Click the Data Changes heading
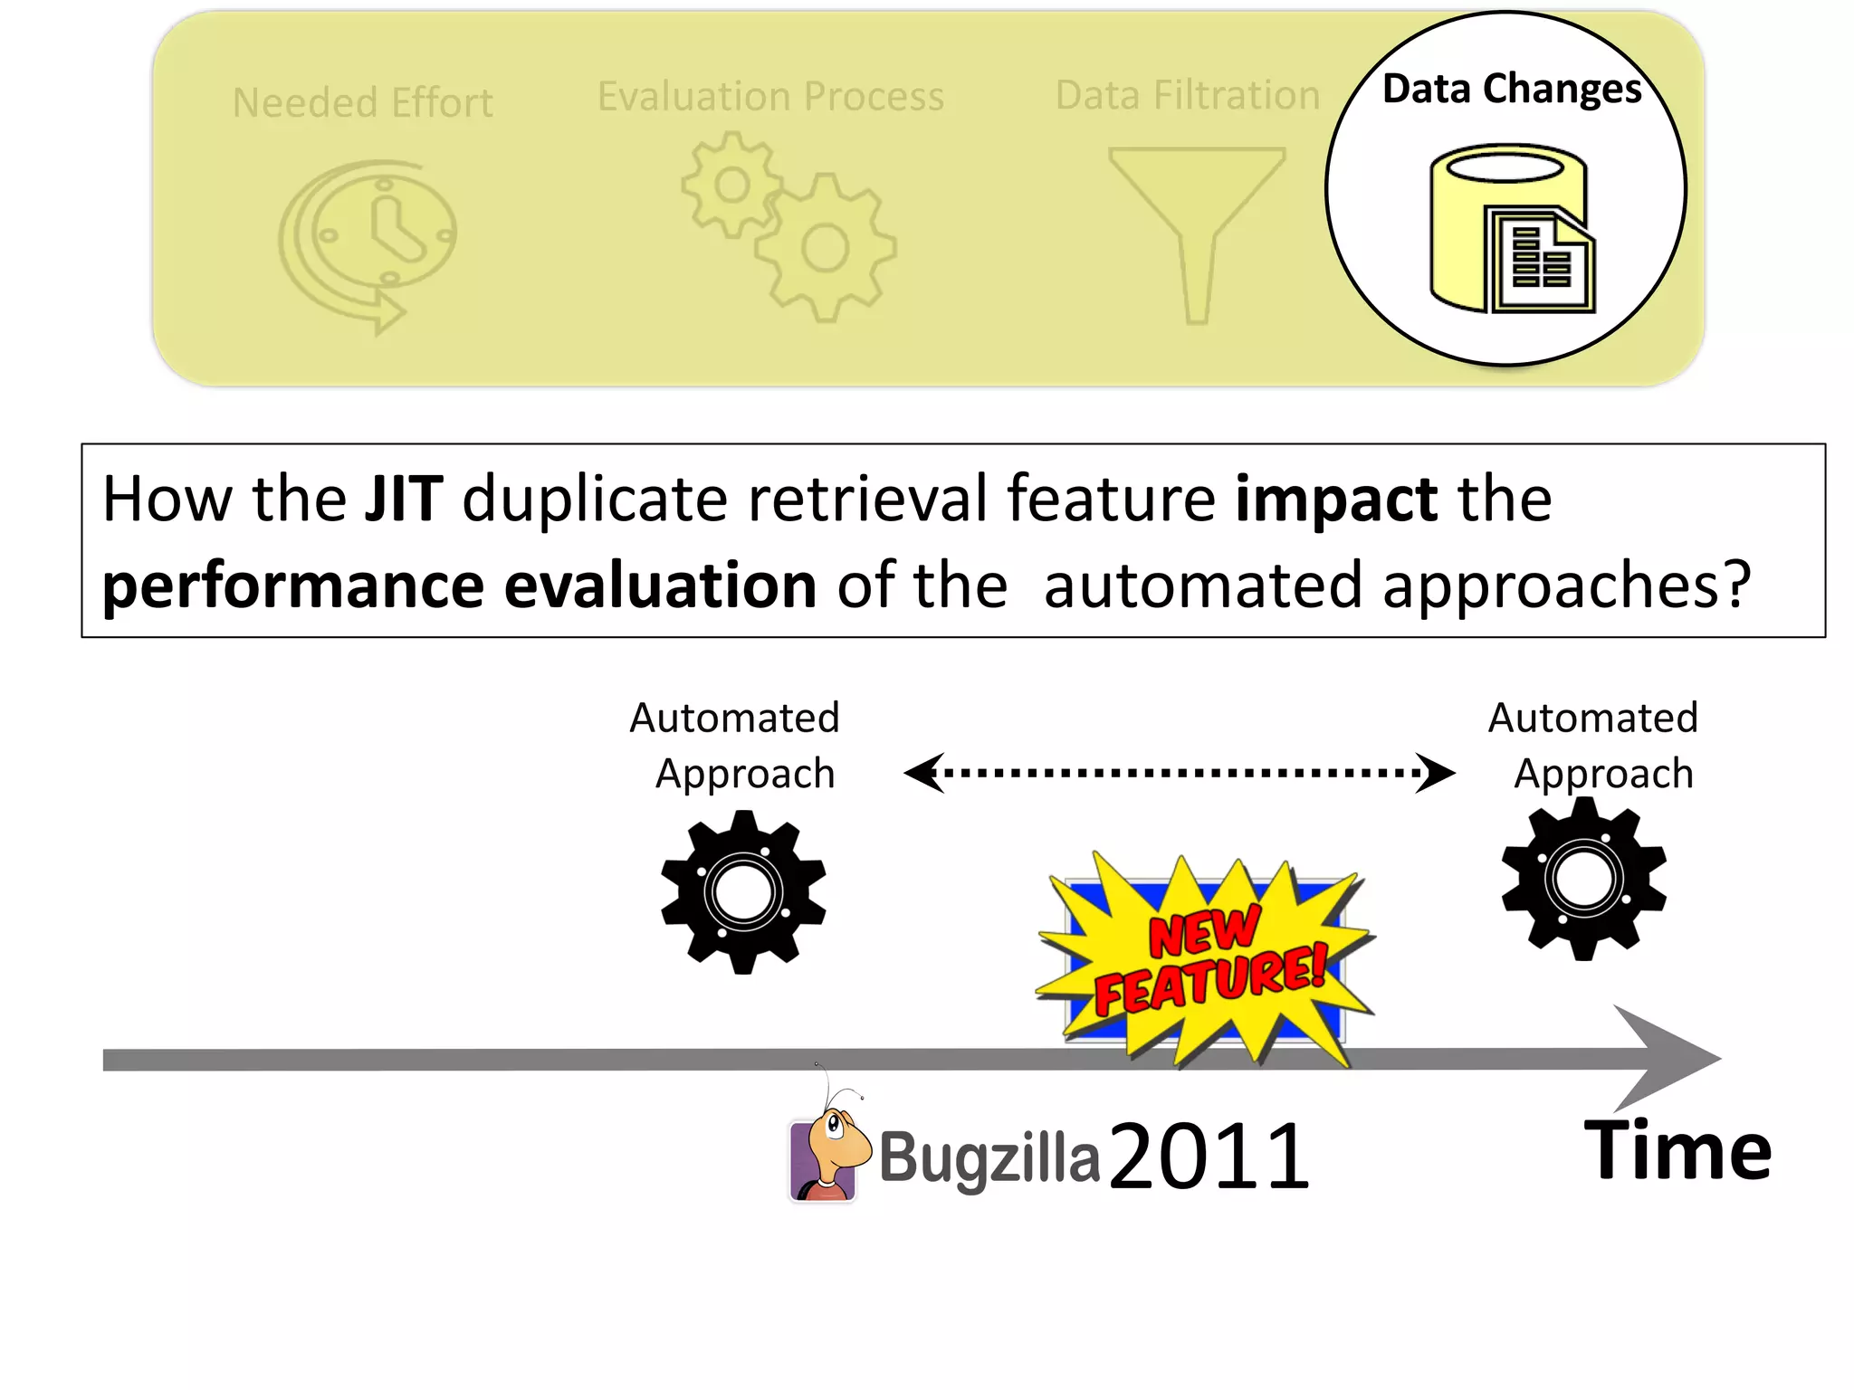tap(1512, 90)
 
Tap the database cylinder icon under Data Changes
tap(1510, 229)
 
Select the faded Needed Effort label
tap(362, 103)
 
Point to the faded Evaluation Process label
tap(770, 97)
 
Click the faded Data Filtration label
tap(1188, 96)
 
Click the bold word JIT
tap(404, 499)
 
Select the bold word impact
tap(1336, 499)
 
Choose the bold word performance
tap(292, 586)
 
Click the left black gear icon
tap(743, 892)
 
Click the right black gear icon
tap(1583, 879)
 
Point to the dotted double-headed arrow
tap(1179, 773)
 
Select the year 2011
tap(1209, 1156)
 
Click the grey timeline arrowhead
tap(1666, 1058)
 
